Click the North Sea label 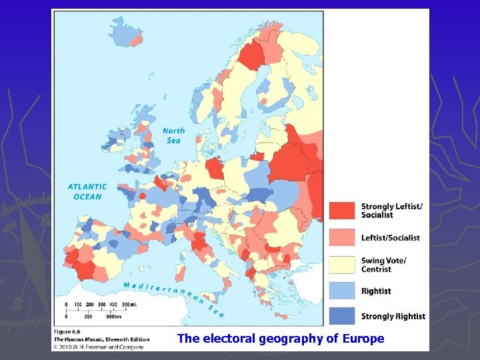(173, 135)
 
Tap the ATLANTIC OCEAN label (87, 192)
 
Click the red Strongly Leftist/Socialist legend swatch (342, 211)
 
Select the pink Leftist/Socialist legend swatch (342, 237)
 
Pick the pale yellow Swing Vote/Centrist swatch (342, 265)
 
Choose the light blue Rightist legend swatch (342, 291)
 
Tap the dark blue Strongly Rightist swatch (342, 316)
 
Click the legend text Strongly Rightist (393, 316)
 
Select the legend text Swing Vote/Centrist (383, 265)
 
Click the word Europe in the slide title (363, 339)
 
